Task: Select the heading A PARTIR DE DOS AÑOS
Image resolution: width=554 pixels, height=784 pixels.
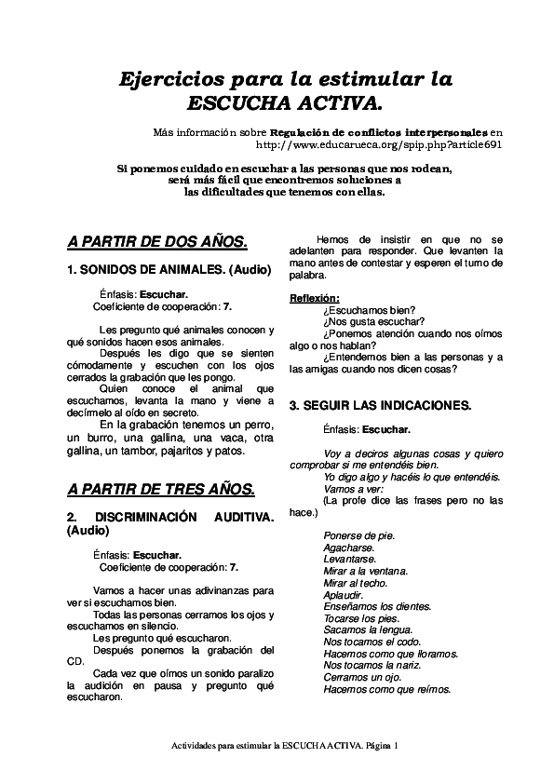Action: tap(157, 242)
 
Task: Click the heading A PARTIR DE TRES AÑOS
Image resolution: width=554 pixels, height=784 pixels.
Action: tap(161, 489)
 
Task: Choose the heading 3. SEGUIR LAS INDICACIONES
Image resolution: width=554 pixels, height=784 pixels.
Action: tap(380, 406)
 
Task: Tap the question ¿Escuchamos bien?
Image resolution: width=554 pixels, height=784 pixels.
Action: tap(370, 310)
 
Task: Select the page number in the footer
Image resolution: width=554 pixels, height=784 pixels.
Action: tap(396, 745)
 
